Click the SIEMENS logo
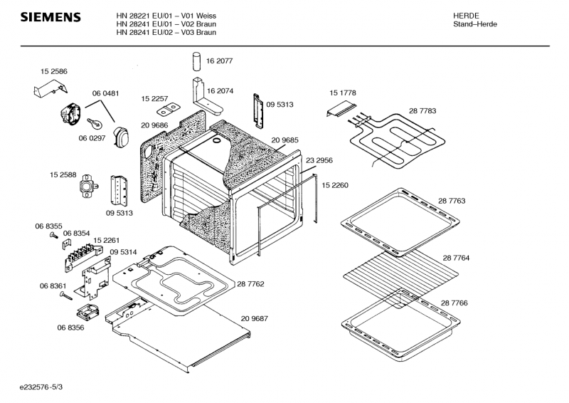[x=49, y=17]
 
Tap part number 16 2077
[x=220, y=62]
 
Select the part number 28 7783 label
[x=422, y=111]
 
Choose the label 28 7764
[x=456, y=258]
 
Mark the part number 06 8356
[x=70, y=328]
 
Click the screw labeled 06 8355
[x=53, y=236]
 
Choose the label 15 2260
[x=335, y=185]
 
